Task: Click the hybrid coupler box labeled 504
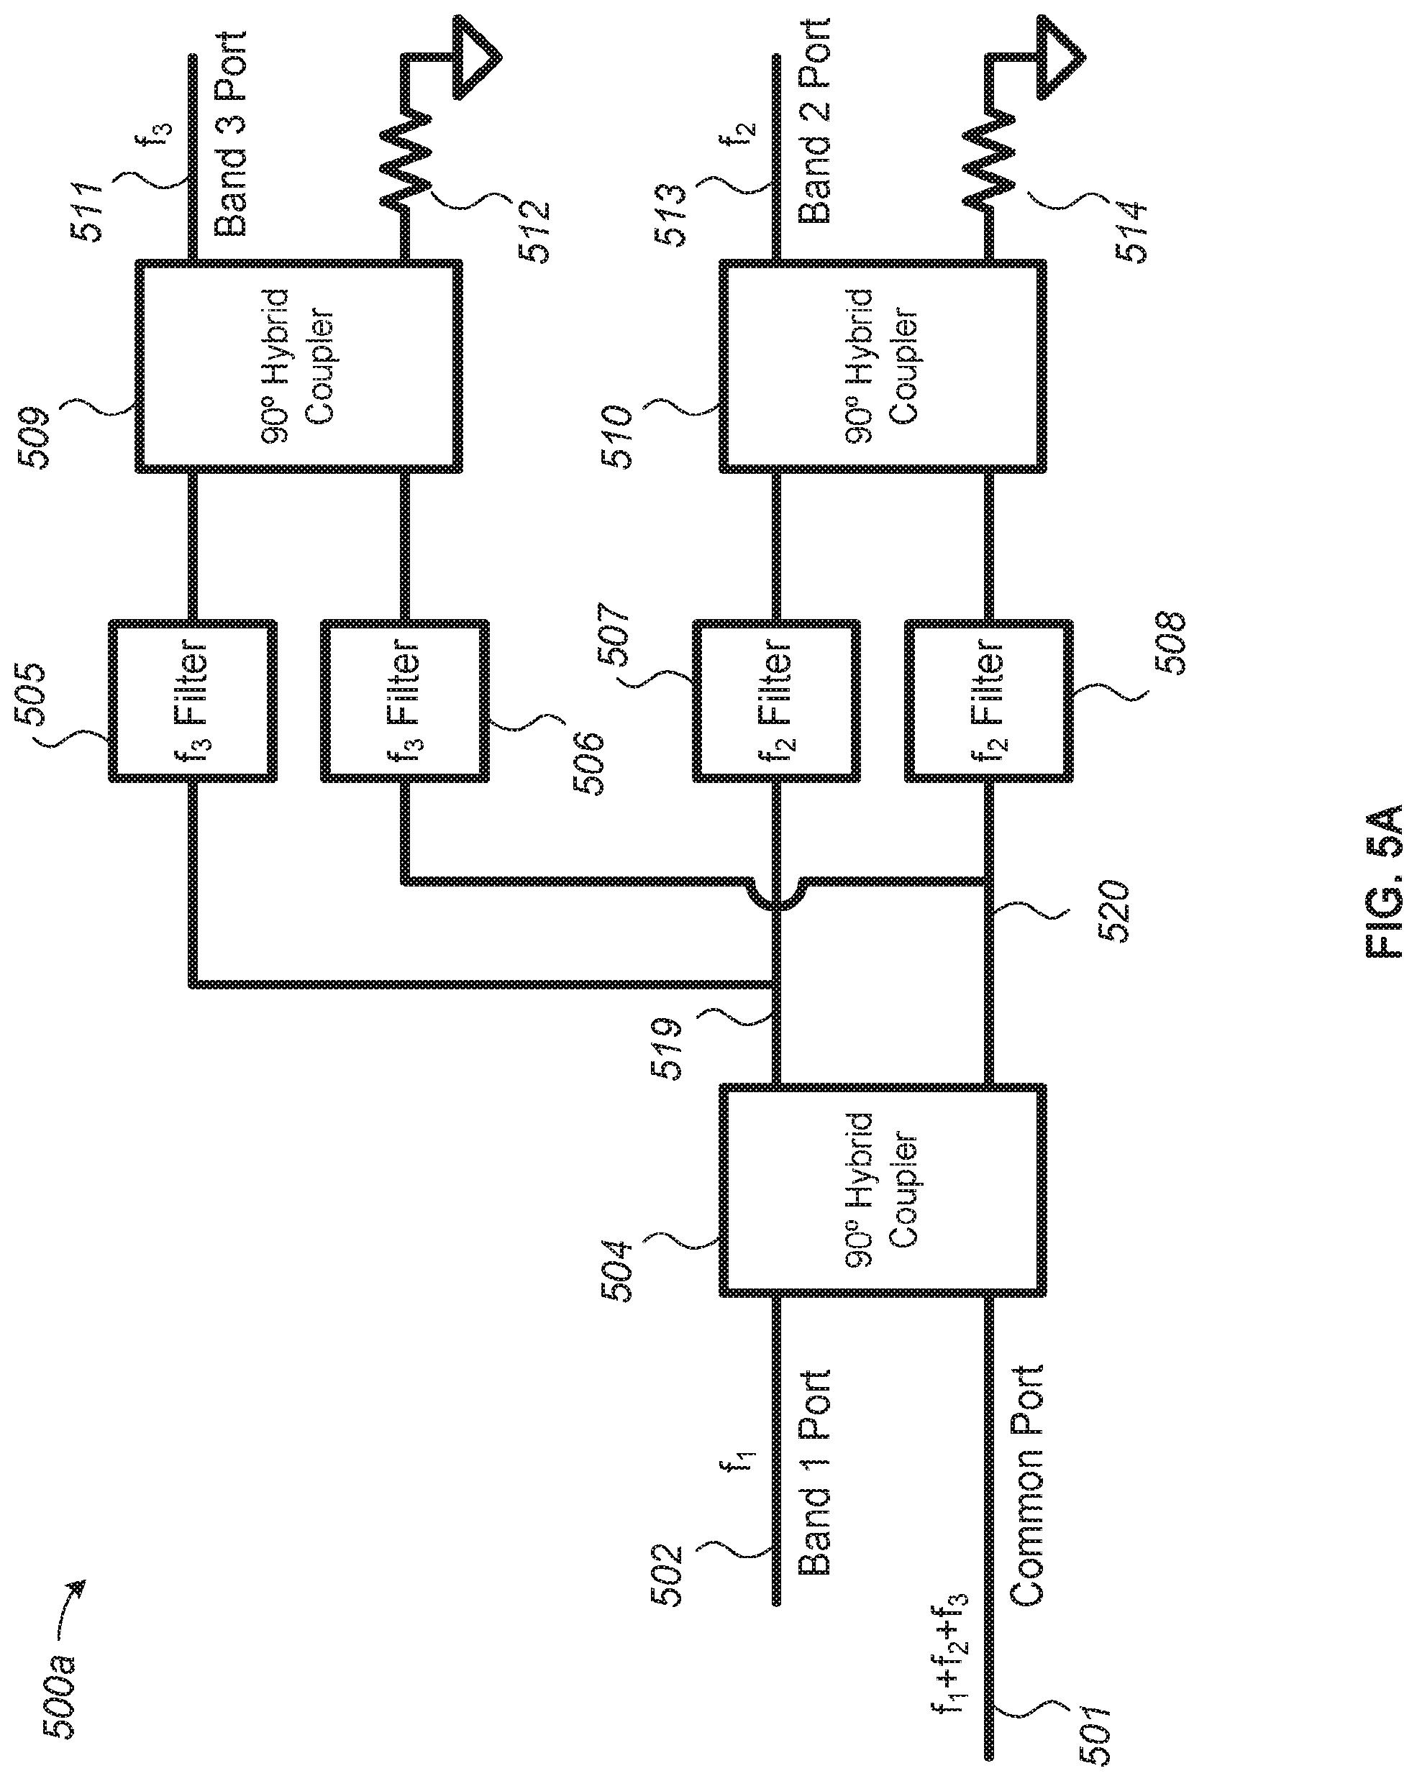883,1192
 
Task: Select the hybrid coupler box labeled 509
299,367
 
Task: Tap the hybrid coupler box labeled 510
883,367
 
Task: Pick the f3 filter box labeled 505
193,701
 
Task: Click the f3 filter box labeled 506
405,701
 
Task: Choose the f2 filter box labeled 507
777,701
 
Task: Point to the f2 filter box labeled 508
989,701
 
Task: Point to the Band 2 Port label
814,120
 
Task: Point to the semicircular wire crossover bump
777,894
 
